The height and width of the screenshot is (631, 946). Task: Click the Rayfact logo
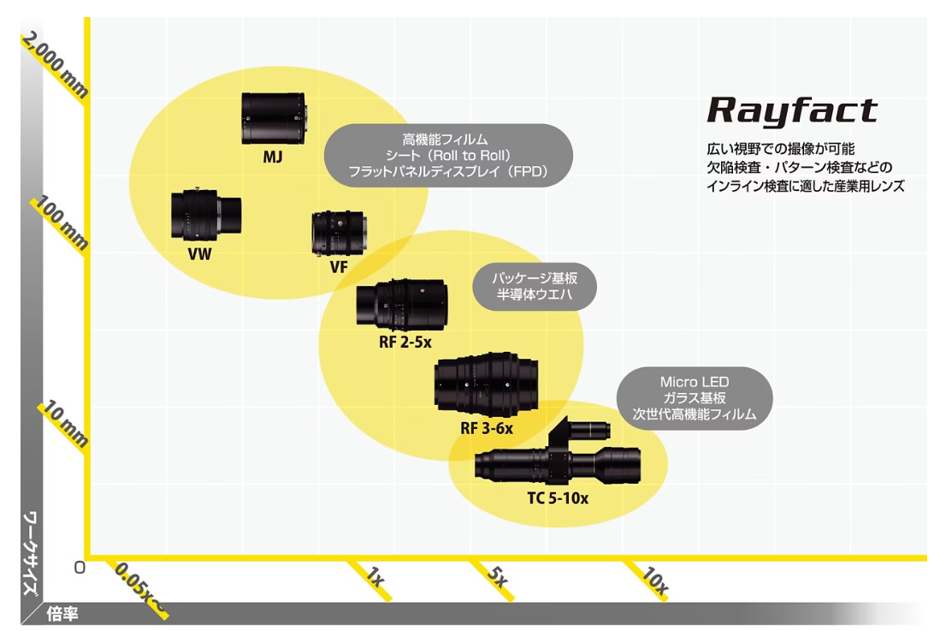tap(792, 111)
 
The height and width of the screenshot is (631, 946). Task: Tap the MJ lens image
tap(274, 119)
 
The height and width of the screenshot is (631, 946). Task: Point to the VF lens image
tap(340, 233)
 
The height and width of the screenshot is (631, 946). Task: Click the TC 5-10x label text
tap(558, 498)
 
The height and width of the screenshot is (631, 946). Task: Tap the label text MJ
tap(273, 158)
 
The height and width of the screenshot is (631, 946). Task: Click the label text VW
tap(199, 254)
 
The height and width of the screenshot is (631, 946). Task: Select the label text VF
tap(339, 267)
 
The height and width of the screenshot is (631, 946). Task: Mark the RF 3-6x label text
tap(487, 428)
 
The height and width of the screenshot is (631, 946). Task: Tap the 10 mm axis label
tap(64, 426)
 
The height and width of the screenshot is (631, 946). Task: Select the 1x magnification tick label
tap(373, 577)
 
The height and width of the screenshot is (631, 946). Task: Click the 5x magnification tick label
tap(497, 577)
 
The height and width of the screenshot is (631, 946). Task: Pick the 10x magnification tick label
tap(653, 582)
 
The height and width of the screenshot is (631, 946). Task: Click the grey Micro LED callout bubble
tap(695, 398)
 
